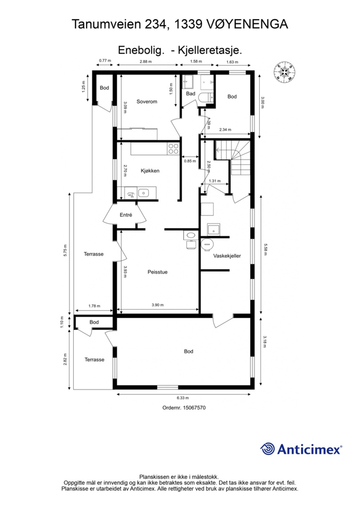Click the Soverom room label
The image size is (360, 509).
pos(146,102)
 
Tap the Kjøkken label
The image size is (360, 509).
pos(150,171)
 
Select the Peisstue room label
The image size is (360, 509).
pos(158,272)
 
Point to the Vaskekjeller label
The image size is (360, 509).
pos(227,256)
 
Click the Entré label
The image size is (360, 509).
pos(126,215)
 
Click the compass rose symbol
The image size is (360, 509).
pos(284,73)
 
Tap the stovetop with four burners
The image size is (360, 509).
pos(173,149)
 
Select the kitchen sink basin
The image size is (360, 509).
pos(143,193)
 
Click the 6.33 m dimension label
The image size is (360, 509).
pos(183,398)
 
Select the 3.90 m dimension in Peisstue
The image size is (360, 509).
pos(158,305)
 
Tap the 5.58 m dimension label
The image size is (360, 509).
pos(265,249)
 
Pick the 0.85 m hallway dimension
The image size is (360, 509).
pos(190,161)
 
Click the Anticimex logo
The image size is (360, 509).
pos(301,449)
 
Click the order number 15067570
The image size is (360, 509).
pos(194,407)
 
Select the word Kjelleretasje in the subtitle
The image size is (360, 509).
pos(210,50)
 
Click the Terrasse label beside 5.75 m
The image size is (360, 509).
pos(94,254)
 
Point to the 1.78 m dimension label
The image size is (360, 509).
pos(94,306)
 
